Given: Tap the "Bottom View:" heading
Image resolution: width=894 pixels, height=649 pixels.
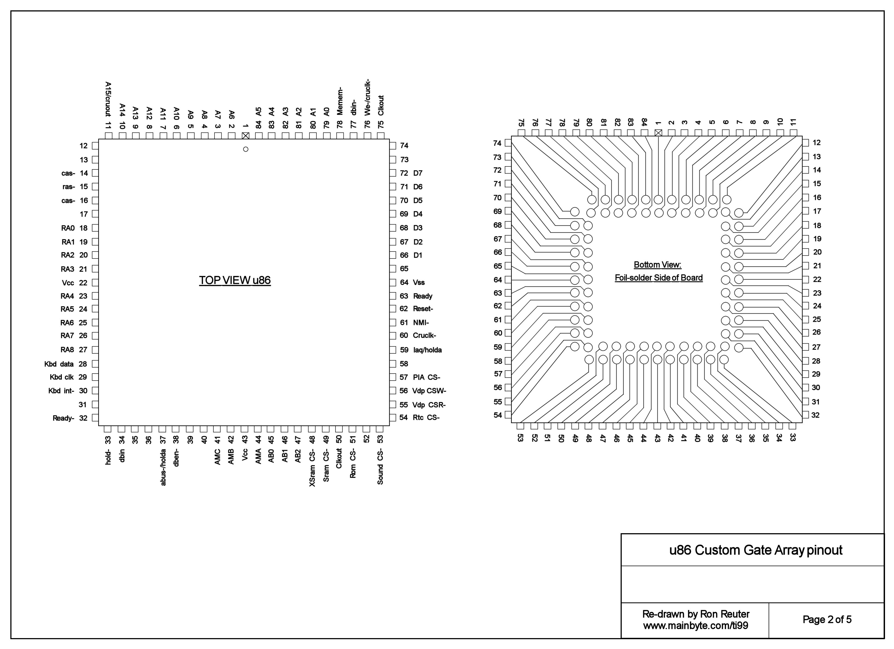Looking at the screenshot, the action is point(657,265).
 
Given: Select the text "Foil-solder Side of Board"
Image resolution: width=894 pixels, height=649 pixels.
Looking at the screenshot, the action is point(659,278).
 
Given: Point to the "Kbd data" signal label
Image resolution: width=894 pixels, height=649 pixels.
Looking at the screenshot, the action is point(59,364).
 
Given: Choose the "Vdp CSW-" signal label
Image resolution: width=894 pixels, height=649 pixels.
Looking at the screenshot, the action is point(429,391).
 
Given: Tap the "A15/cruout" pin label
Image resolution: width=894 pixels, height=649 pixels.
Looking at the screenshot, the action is point(108,99).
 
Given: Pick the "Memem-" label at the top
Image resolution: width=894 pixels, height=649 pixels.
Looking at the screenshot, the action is point(340,101).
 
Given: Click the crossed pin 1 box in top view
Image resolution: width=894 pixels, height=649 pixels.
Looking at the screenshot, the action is point(246,136).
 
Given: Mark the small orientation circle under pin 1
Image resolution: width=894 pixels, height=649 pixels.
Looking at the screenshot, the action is point(246,149).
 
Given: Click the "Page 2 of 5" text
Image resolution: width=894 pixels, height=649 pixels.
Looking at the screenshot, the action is point(827,620).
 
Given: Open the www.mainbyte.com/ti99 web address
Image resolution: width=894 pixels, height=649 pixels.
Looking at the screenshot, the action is point(696,626).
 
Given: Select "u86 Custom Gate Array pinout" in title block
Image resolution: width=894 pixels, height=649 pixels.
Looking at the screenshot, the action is point(756,550).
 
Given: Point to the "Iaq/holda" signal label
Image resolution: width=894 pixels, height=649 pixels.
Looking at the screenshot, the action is point(427,350).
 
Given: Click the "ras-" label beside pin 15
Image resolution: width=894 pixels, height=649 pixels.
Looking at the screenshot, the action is point(69,187).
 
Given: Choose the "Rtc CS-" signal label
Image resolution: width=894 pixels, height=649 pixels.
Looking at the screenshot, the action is point(426,418).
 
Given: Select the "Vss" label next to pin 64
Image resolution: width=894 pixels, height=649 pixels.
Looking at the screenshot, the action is point(419,283).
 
